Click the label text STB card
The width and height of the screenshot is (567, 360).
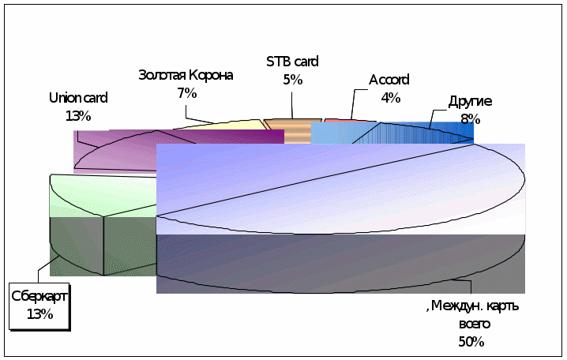click(x=292, y=62)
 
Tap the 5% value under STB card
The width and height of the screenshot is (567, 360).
click(x=292, y=79)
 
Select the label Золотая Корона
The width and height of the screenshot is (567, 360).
click(x=186, y=75)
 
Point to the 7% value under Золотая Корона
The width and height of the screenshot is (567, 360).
click(x=186, y=93)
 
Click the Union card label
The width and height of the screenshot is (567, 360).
click(x=78, y=98)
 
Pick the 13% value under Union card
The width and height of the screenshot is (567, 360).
click(x=78, y=115)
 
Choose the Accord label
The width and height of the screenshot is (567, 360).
click(x=389, y=80)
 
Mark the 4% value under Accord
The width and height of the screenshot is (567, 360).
click(x=390, y=98)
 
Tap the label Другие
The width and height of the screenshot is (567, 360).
click(x=470, y=101)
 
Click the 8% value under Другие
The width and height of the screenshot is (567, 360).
click(x=470, y=119)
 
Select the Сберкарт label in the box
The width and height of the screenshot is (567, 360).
click(x=39, y=296)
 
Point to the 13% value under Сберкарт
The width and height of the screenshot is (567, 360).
click(x=39, y=314)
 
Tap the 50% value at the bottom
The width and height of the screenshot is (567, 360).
click(x=471, y=342)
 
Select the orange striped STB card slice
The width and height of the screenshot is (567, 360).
click(x=287, y=131)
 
